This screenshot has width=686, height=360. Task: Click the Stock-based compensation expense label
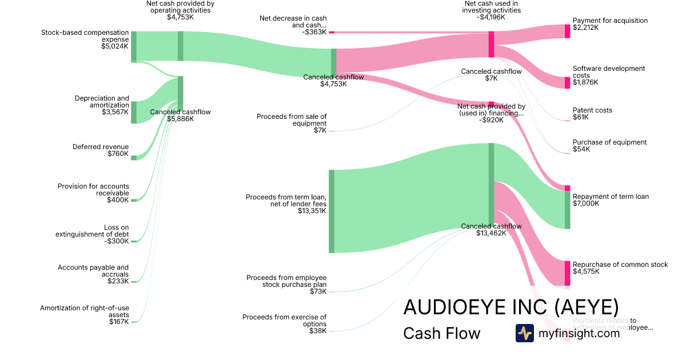coord(85,36)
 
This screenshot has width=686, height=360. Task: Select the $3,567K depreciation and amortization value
coord(115,113)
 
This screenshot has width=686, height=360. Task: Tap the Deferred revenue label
coord(101,147)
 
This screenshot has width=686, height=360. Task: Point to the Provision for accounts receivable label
coord(93,190)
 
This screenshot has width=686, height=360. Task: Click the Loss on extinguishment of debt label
coord(92,231)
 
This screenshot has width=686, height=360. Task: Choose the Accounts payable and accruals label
coord(93,271)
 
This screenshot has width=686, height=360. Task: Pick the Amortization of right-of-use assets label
coord(85,311)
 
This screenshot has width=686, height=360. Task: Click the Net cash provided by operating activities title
coord(180,7)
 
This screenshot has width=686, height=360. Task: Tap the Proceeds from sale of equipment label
coord(292,119)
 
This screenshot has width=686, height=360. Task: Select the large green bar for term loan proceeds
coord(332,211)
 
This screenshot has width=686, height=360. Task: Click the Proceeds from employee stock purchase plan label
coord(286,281)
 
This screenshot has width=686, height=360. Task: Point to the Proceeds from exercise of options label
coord(284,320)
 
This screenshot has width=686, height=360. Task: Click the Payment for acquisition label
coord(610,21)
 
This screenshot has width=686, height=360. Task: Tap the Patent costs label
coord(592,110)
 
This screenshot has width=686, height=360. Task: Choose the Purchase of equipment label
coord(609,142)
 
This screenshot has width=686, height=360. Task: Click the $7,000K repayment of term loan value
coord(586,203)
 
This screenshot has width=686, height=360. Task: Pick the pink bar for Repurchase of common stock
coord(567,273)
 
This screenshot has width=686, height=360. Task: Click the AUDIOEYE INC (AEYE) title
coord(510,307)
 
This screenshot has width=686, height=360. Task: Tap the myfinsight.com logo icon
coord(524,333)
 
